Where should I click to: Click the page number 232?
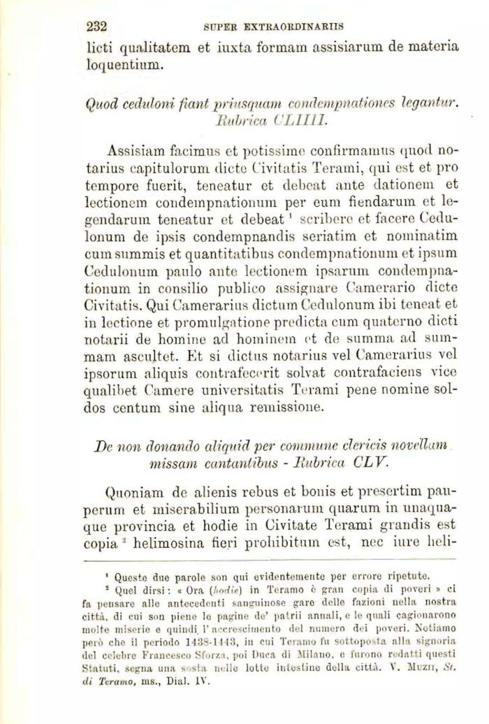tap(95, 27)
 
